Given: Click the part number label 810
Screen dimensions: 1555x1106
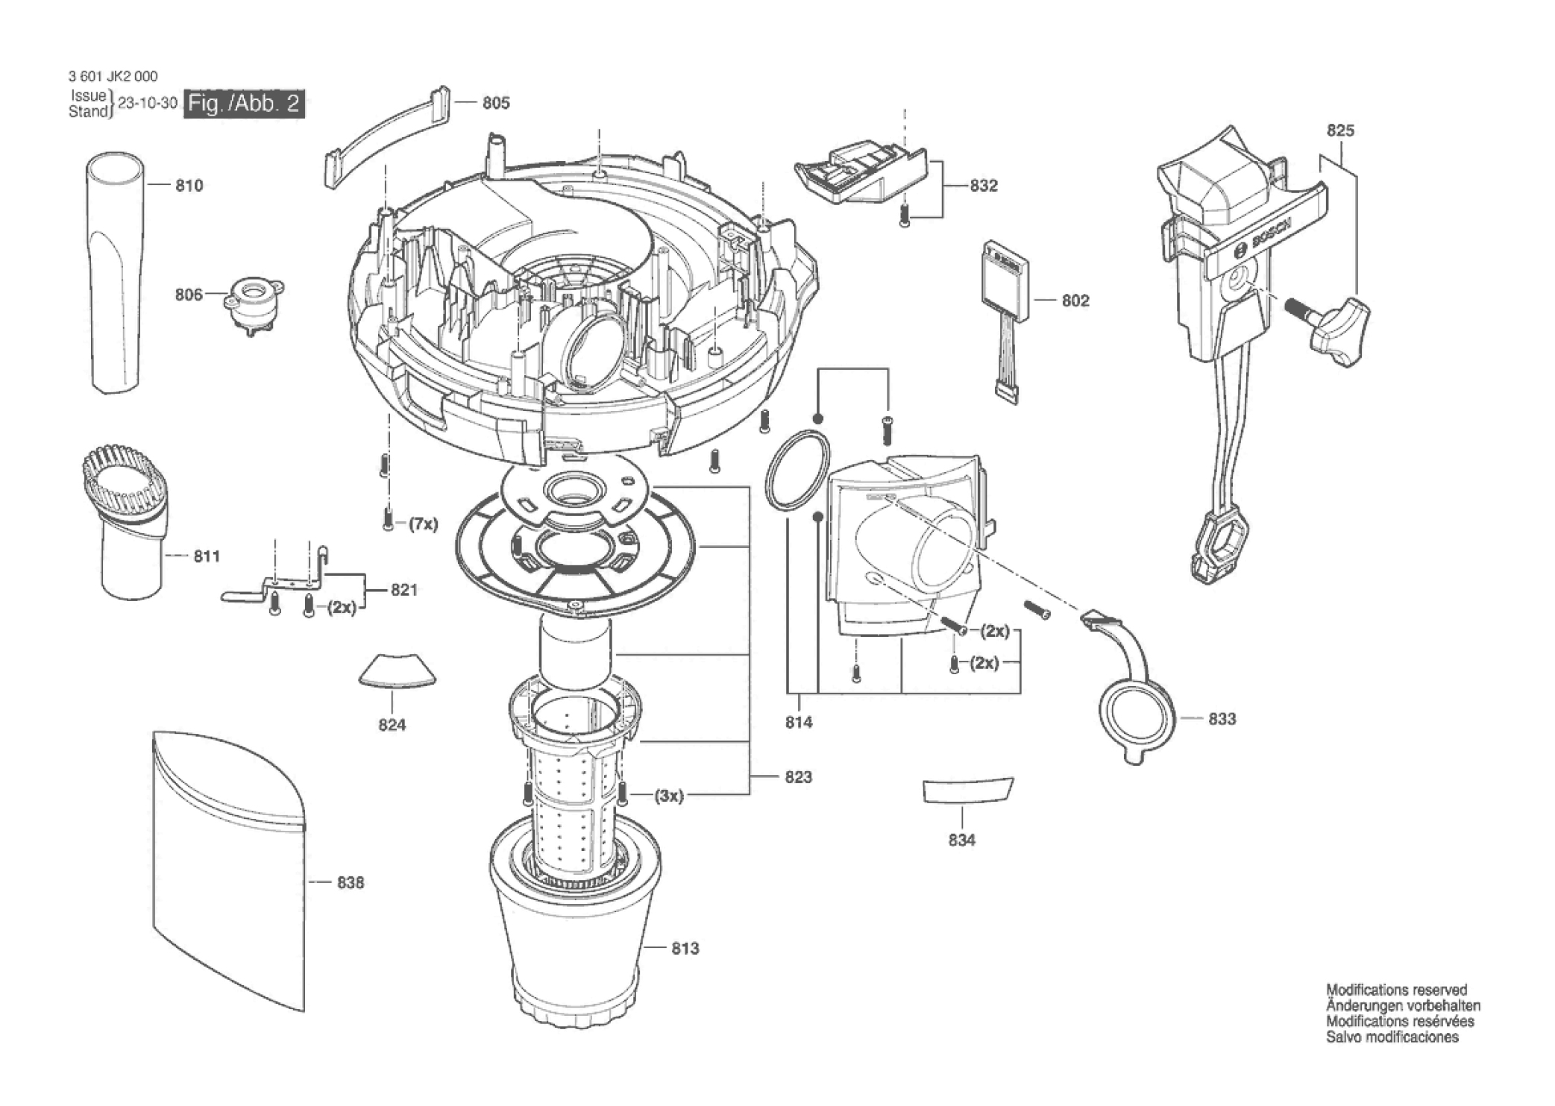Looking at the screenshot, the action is [x=189, y=186].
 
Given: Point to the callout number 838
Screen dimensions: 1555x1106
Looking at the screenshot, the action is [x=351, y=883].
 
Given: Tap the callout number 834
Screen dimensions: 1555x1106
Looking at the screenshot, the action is [x=962, y=841].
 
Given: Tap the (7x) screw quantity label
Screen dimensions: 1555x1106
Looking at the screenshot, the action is [x=423, y=524].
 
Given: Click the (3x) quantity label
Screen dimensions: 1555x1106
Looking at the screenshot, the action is [x=669, y=796].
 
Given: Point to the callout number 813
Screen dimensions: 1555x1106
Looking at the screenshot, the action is [x=685, y=949].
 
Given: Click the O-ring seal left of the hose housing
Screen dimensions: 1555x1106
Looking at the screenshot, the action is [x=797, y=470].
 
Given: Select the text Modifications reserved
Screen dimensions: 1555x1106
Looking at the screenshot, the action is [x=1396, y=990].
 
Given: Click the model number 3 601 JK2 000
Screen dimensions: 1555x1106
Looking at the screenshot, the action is [x=113, y=76].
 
